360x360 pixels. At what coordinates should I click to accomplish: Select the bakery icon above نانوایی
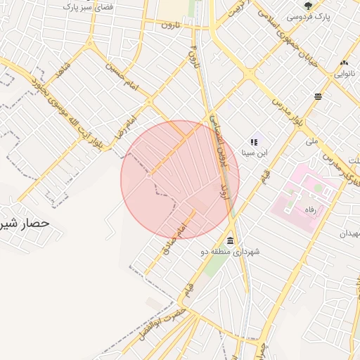pyautogui.click(x=345, y=63)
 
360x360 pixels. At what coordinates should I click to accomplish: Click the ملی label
pyautogui.click(x=311, y=141)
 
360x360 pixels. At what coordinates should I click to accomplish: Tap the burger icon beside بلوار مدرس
pyautogui.click(x=319, y=96)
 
